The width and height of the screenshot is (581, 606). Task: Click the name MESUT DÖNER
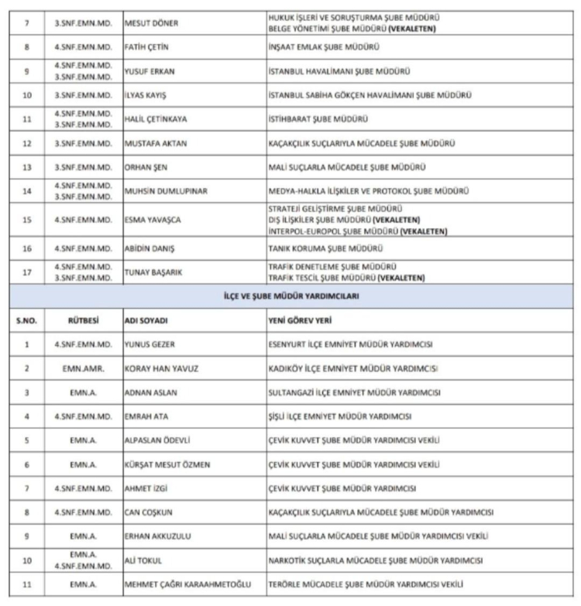[x=151, y=23]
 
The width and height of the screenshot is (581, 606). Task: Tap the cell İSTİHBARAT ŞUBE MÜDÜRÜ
[x=318, y=119]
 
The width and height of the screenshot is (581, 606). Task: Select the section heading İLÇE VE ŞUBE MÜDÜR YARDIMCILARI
[x=290, y=296]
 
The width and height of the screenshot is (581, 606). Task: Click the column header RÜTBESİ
[x=80, y=319]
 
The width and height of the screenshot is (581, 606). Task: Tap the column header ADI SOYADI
[x=146, y=319]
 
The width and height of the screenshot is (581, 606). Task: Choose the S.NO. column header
[x=27, y=319]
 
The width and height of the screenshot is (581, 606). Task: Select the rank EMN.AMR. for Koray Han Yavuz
[x=81, y=368]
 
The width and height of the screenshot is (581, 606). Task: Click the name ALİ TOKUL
[x=143, y=560]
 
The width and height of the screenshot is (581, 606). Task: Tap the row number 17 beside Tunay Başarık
[x=27, y=272]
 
